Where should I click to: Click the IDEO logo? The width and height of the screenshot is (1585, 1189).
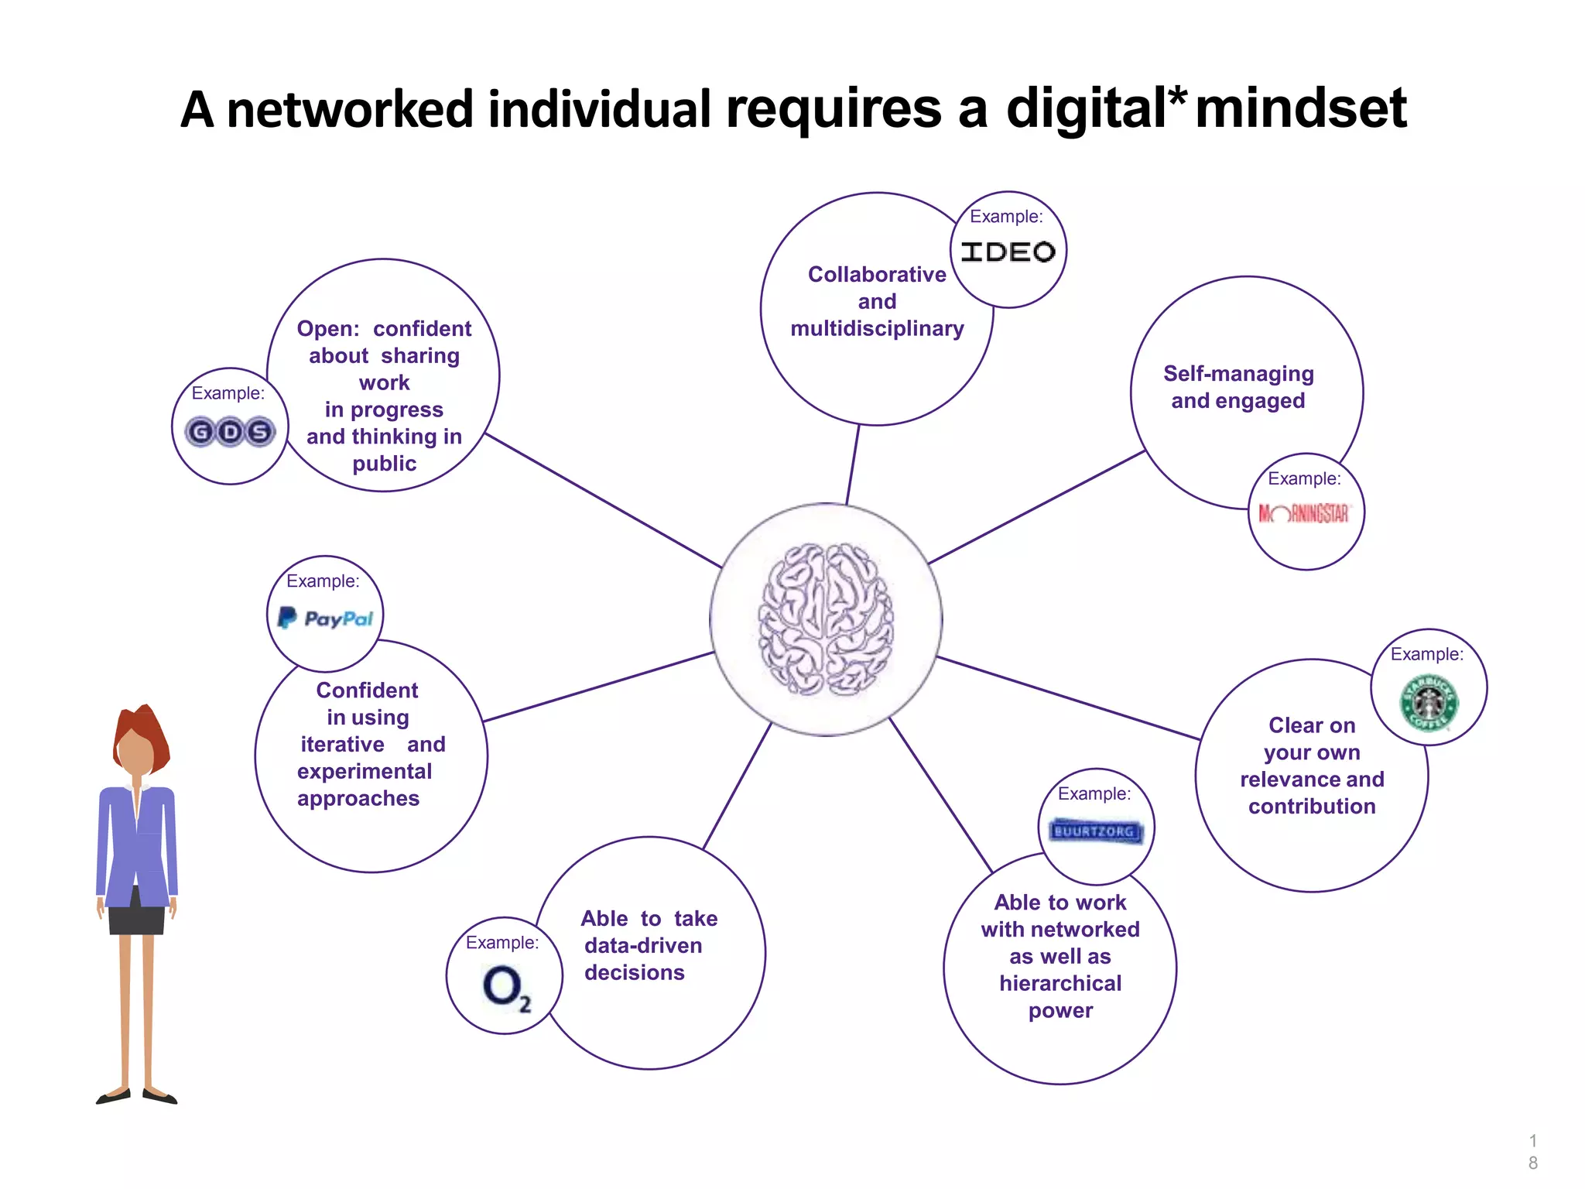tap(1008, 252)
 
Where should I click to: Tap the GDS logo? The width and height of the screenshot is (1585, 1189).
tap(230, 431)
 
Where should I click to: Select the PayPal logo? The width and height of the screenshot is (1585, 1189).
tap(325, 618)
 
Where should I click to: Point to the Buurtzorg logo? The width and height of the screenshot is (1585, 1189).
tap(1095, 831)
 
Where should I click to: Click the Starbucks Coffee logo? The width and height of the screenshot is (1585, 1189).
tap(1429, 703)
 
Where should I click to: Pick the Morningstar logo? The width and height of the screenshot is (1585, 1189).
tap(1305, 513)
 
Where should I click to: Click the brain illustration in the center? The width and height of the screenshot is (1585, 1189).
tap(826, 619)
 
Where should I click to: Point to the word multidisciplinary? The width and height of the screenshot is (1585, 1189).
tap(877, 329)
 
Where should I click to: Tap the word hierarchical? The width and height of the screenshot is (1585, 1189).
tap(1060, 983)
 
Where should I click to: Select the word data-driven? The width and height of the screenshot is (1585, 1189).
tap(643, 946)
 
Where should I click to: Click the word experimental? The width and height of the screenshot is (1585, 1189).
tap(364, 772)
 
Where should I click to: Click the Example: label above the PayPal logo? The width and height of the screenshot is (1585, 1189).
tap(323, 581)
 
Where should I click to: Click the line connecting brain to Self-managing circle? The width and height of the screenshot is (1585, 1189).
tap(1037, 507)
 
